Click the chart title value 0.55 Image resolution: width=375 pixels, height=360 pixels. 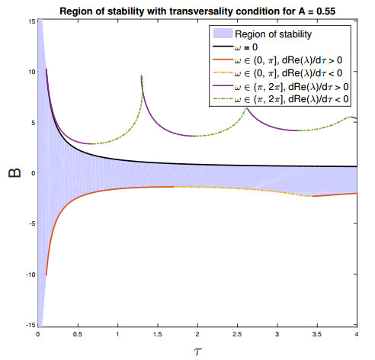coord(325,11)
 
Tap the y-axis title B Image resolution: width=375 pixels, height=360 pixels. coord(14,173)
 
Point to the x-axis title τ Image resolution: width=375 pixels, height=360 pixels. coord(197,352)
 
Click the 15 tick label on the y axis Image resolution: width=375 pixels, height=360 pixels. coord(32,21)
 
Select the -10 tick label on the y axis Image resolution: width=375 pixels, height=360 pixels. coord(30,275)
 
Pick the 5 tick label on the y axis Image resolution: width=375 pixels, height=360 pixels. coord(34,123)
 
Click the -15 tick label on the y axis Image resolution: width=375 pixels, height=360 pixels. coord(30,325)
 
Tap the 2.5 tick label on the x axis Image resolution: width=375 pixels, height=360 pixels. coord(237,334)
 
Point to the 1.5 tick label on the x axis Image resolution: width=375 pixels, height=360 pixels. coord(158,334)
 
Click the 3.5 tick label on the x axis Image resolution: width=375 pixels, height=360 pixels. coord(317,334)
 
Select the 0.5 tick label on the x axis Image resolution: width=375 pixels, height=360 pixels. coord(78,334)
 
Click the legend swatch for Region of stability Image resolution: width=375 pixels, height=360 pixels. coord(223,34)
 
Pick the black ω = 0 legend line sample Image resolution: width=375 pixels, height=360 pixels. coord(223,47)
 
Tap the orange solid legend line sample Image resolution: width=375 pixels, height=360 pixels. coord(223,59)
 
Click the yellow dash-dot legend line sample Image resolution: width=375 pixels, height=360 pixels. coord(223,73)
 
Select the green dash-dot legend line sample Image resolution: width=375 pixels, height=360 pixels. coord(223,99)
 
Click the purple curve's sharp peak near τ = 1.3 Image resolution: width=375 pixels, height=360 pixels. coord(142,76)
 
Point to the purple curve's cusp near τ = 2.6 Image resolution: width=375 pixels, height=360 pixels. coord(246,108)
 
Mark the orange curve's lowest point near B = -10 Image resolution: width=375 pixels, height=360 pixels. coord(46,275)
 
